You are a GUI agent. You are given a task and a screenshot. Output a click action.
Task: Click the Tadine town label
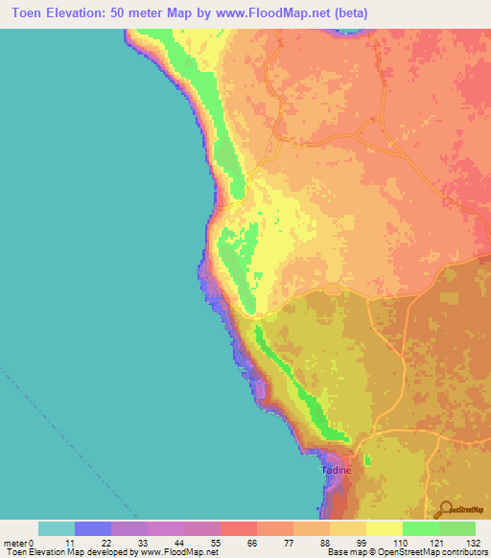336,471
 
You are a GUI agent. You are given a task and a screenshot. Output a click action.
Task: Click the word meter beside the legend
15,543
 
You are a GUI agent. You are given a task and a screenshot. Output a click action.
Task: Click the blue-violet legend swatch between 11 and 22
93,528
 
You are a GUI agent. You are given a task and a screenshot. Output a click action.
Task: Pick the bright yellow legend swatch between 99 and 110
384,528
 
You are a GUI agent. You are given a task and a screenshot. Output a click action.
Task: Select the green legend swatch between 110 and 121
420,528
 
